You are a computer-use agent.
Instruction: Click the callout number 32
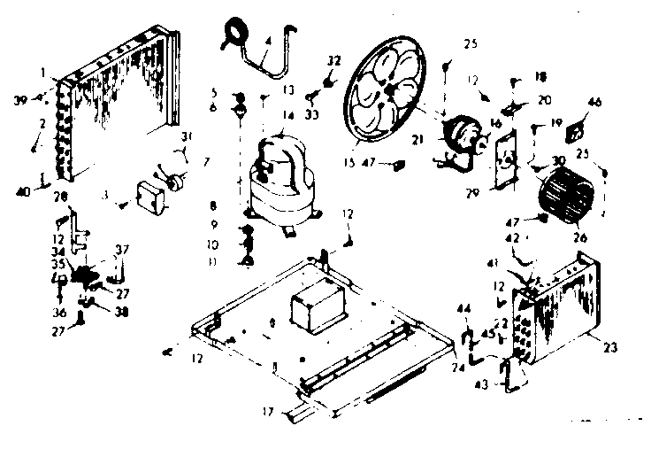(x=333, y=60)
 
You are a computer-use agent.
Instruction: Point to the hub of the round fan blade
(x=388, y=92)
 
